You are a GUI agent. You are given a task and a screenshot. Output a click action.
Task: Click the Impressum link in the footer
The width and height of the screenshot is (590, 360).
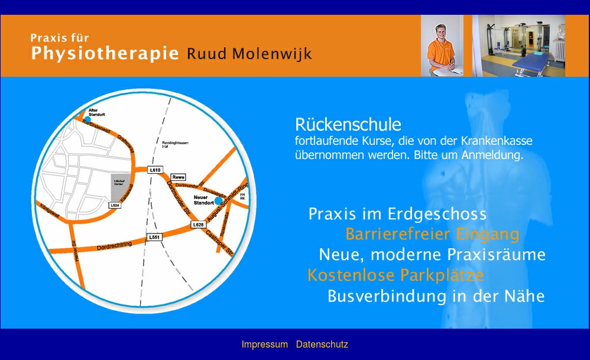click(x=264, y=344)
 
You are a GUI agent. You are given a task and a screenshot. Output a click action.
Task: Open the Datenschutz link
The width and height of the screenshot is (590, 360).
click(x=322, y=344)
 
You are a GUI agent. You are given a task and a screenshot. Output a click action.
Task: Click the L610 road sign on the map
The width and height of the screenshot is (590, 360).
click(x=155, y=170)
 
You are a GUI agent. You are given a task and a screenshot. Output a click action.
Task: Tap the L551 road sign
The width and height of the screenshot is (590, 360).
click(x=154, y=237)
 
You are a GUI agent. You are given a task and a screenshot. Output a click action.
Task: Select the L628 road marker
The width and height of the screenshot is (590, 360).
click(x=198, y=225)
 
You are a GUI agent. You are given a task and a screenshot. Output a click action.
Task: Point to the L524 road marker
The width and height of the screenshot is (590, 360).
click(x=115, y=205)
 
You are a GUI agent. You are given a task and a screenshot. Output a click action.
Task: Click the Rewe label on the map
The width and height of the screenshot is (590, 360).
click(x=178, y=177)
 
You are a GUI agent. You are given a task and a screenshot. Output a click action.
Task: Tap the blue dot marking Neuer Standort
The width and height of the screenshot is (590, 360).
click(x=218, y=201)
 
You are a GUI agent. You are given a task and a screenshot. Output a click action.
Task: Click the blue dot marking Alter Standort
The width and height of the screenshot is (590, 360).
click(x=87, y=119)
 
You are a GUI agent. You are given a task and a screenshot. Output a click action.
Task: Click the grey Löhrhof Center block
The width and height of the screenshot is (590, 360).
click(x=118, y=186)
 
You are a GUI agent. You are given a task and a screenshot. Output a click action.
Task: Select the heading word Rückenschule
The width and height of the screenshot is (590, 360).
click(x=348, y=125)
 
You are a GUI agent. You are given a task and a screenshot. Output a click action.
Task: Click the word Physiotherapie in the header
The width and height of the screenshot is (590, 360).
click(x=105, y=54)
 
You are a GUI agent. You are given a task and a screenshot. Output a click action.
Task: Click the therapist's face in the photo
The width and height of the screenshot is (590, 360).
click(x=442, y=33)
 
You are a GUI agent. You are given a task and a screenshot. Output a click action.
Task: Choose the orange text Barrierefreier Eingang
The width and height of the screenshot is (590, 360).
click(x=432, y=234)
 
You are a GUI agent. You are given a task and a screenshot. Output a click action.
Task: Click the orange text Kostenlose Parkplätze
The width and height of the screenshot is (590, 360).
click(x=396, y=275)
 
